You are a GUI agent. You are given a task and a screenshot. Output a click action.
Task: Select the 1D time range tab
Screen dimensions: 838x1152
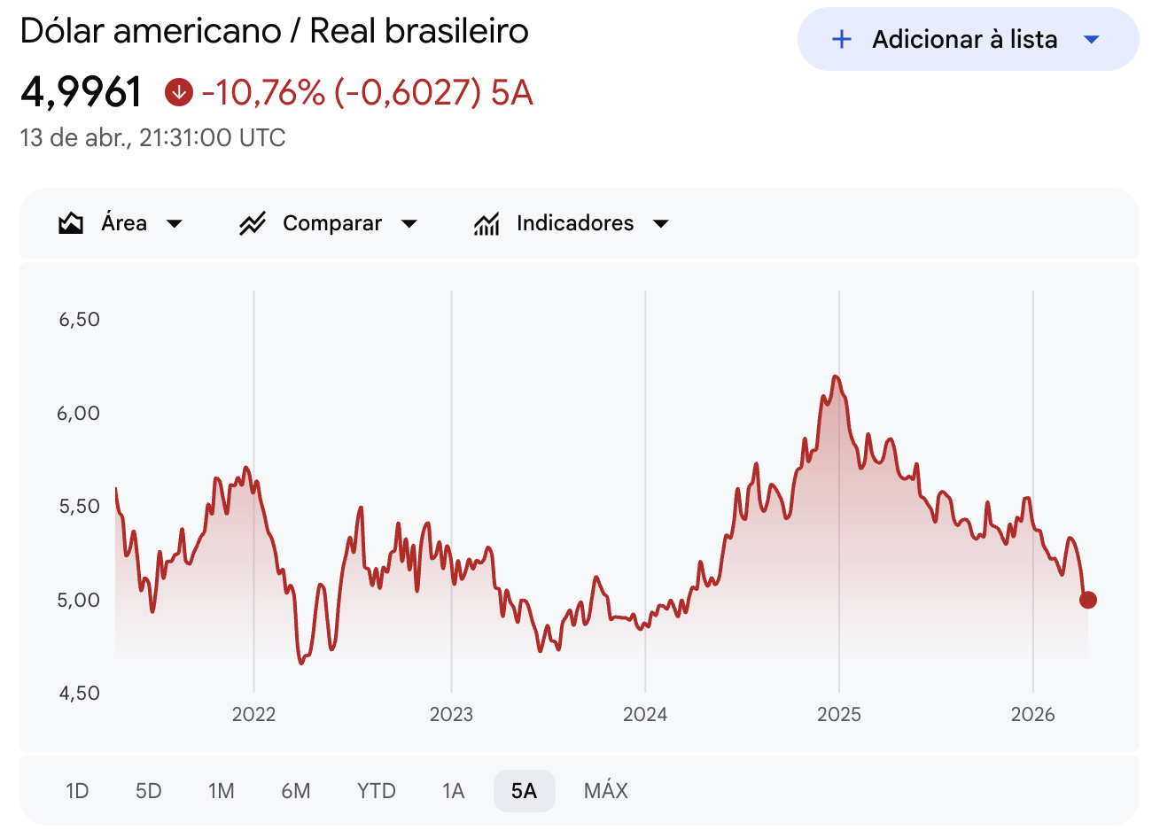click(77, 790)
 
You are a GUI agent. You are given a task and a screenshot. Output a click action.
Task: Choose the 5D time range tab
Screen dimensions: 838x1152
click(149, 790)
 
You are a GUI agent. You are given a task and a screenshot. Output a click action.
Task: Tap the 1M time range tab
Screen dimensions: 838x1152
click(221, 790)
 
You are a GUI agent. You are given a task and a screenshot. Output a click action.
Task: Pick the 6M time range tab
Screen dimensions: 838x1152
click(296, 790)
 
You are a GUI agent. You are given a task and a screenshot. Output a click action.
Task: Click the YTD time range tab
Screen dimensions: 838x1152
click(377, 790)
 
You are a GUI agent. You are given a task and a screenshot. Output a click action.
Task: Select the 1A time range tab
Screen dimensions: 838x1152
click(453, 790)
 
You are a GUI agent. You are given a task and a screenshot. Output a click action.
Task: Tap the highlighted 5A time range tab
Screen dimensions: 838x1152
click(524, 790)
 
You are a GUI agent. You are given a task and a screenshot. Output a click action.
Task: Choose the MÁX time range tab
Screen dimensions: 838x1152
click(606, 790)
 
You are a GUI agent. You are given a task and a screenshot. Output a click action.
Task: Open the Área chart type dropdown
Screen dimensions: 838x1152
click(121, 223)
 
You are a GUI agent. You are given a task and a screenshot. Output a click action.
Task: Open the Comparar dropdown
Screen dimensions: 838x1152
click(329, 223)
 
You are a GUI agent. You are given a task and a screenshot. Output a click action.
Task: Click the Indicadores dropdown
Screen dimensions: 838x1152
click(572, 223)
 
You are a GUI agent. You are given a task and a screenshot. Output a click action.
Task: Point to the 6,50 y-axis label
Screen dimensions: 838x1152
click(79, 319)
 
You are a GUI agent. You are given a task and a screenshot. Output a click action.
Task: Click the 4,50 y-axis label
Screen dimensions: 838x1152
click(79, 693)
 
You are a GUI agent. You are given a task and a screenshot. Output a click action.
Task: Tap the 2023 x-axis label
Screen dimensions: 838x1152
click(451, 714)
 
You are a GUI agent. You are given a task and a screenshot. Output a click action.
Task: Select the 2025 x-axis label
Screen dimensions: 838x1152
click(839, 714)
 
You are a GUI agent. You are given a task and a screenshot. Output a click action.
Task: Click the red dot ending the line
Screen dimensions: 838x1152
click(1088, 600)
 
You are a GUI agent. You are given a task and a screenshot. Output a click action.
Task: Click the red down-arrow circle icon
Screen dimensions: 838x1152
click(179, 91)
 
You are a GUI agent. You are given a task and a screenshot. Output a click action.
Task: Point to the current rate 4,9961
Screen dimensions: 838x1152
click(82, 92)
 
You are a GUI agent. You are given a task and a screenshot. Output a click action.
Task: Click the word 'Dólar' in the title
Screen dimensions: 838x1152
click(63, 31)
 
